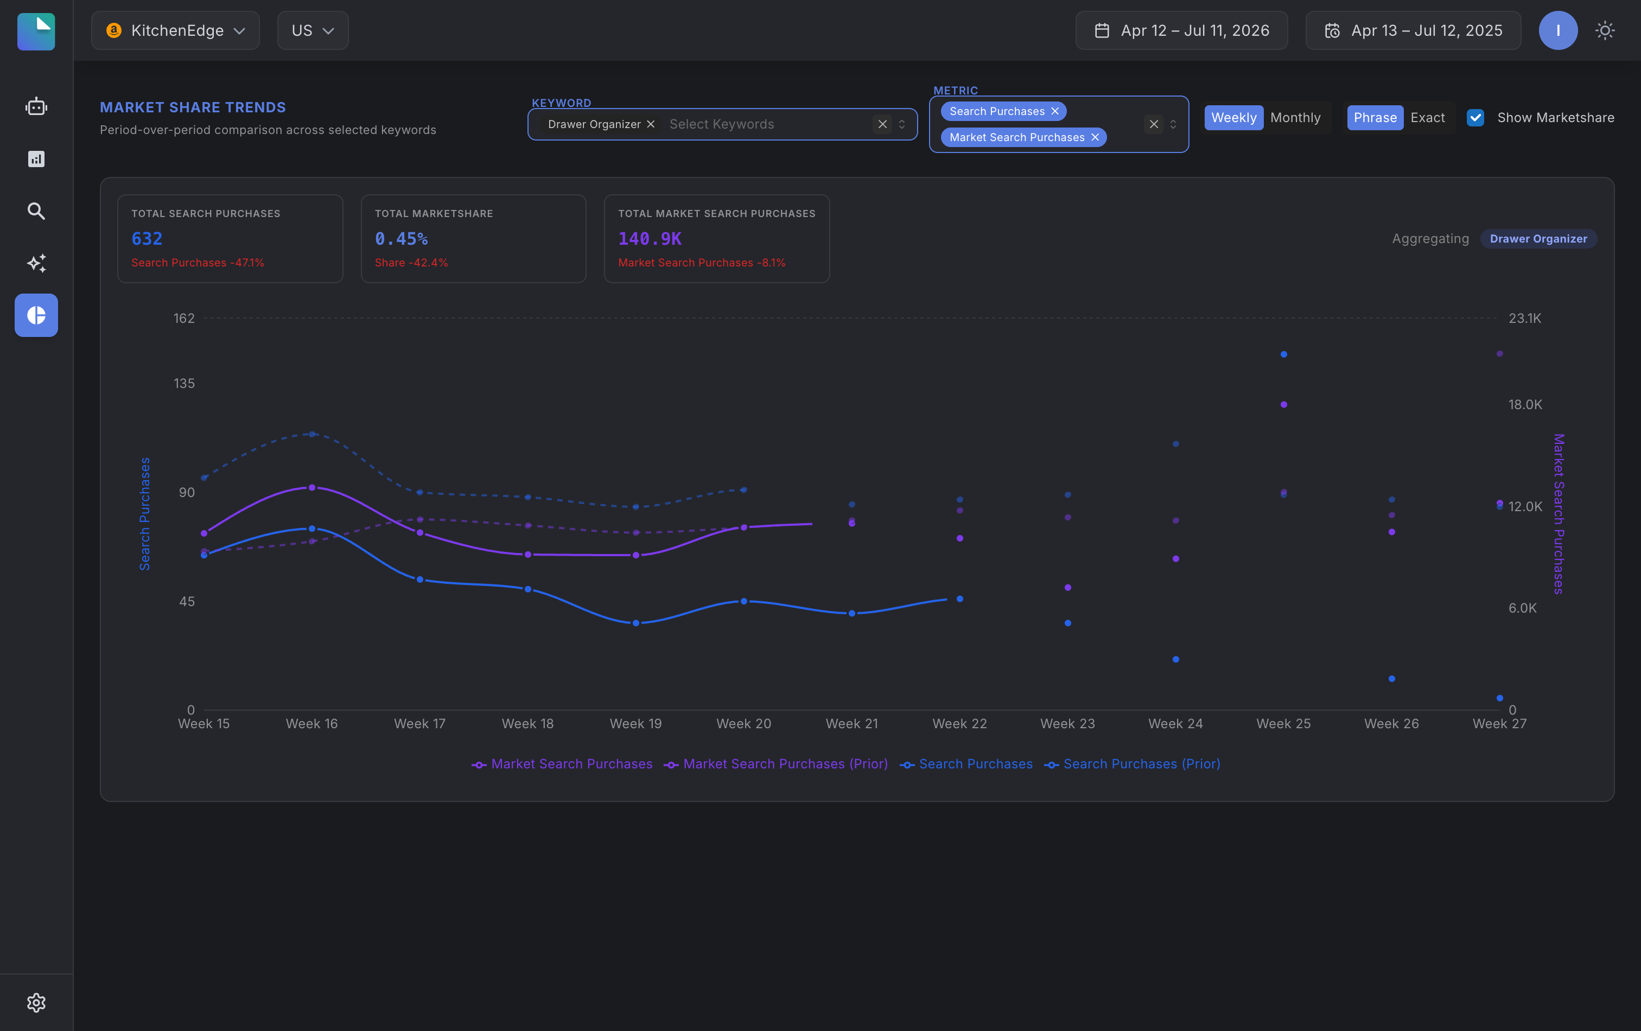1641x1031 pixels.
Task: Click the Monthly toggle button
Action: point(1295,118)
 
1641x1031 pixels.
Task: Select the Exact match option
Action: point(1427,118)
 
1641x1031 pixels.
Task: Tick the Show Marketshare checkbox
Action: point(1475,118)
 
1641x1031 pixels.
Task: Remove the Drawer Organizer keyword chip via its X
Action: point(651,124)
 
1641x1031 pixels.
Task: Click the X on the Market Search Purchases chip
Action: point(1095,137)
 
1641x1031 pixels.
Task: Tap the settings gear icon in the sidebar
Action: point(36,1002)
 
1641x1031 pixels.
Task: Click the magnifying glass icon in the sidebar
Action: point(36,211)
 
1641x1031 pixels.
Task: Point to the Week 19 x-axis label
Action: point(635,724)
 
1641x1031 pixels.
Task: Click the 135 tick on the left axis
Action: point(184,384)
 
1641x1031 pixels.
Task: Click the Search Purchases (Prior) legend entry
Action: point(1132,764)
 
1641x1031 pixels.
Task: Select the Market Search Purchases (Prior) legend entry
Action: point(775,764)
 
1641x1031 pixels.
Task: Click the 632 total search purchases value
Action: point(147,239)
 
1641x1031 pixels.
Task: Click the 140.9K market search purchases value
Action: point(650,239)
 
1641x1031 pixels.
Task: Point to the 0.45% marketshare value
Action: point(402,239)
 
